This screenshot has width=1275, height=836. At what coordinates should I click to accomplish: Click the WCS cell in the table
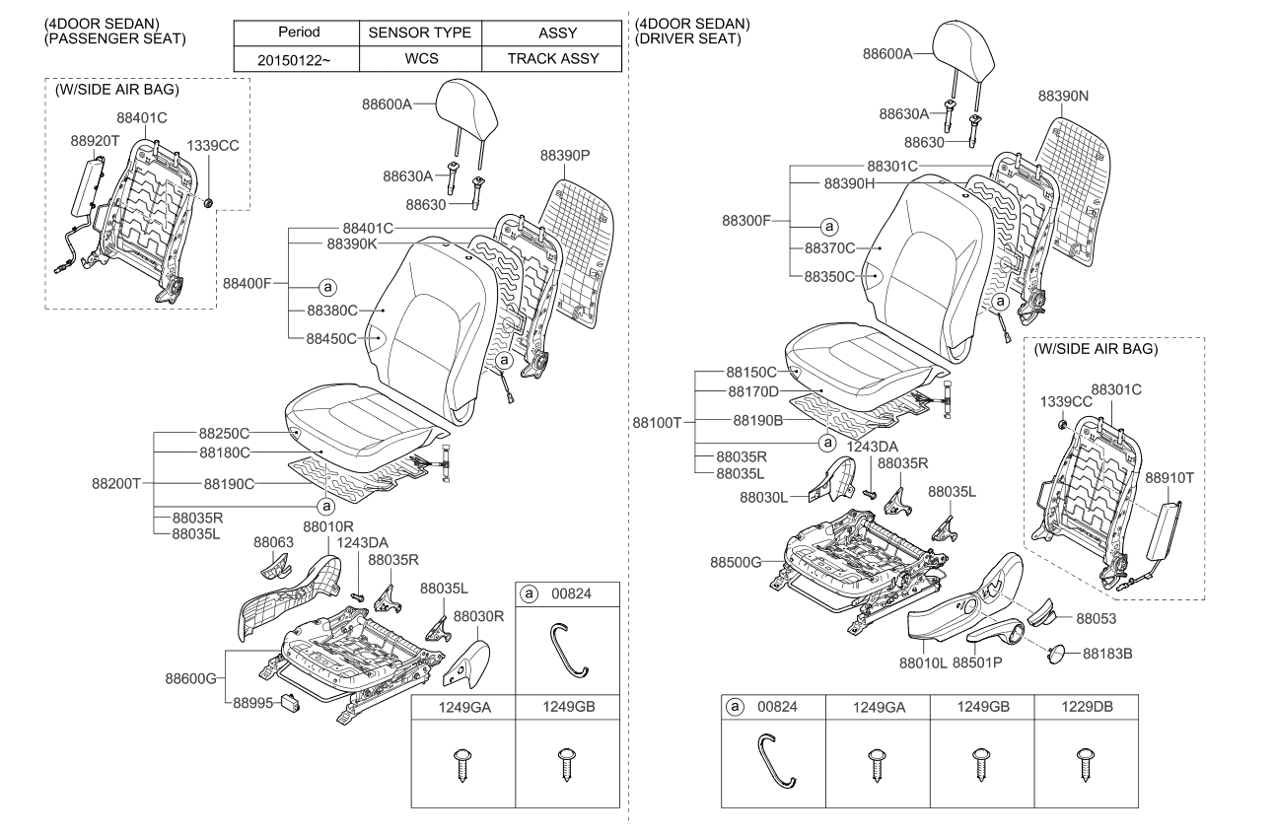[x=421, y=58]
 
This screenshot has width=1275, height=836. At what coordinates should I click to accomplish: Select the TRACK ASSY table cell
[x=552, y=58]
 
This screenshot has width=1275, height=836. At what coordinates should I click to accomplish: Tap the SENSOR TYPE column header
[x=421, y=33]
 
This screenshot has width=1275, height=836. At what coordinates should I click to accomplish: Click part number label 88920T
[x=95, y=141]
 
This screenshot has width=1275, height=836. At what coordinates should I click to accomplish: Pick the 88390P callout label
[x=564, y=156]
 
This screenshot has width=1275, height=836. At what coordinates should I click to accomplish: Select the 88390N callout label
[x=1063, y=97]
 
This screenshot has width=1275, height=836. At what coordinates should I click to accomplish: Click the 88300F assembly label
[x=746, y=222]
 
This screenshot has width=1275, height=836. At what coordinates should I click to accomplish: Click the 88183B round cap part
[x=1055, y=653]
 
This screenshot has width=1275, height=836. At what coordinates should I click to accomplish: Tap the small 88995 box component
[x=292, y=702]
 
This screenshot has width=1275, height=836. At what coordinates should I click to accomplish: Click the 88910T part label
[x=1169, y=478]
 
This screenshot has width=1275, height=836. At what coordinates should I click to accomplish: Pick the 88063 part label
[x=273, y=542]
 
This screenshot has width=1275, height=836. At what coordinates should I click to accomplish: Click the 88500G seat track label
[x=736, y=562]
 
